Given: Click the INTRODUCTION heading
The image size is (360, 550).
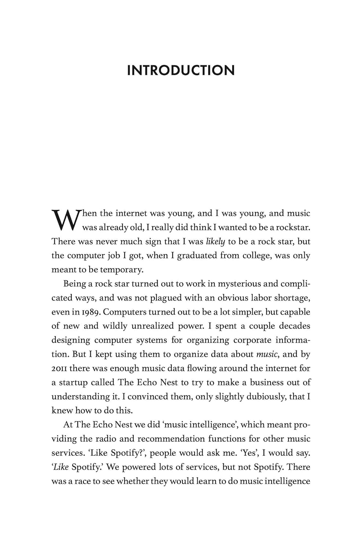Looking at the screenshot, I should pos(181,70).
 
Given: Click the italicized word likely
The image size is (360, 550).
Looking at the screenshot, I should pos(215,242).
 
